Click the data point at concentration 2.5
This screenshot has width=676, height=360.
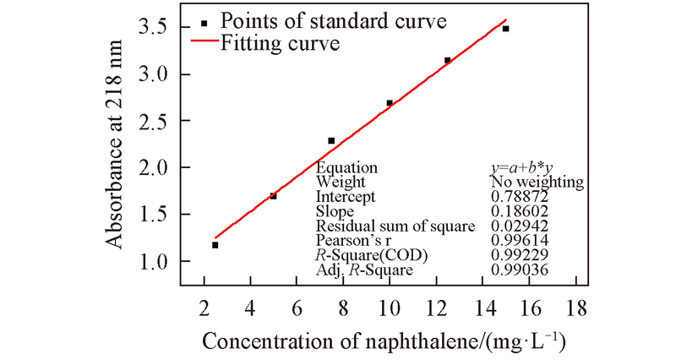click(x=215, y=245)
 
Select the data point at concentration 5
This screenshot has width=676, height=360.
click(x=273, y=196)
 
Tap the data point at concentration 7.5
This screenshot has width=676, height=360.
click(x=331, y=140)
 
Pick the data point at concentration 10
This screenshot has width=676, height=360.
click(x=390, y=103)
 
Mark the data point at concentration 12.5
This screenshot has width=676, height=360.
click(x=447, y=60)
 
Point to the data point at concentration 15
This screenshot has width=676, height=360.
click(x=505, y=29)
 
